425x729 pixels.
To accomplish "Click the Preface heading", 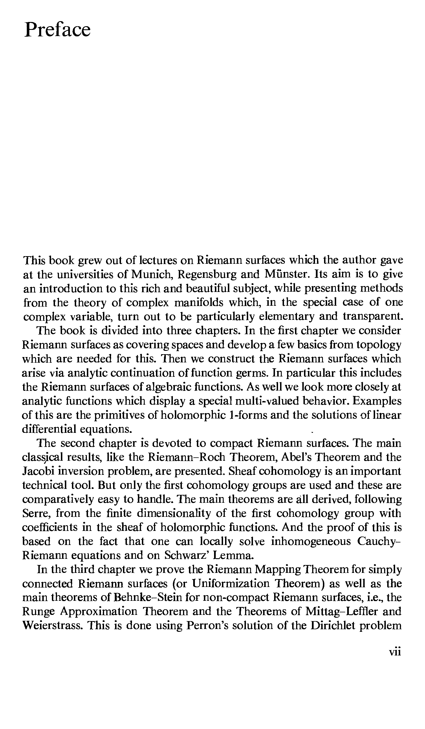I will point(57,30).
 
